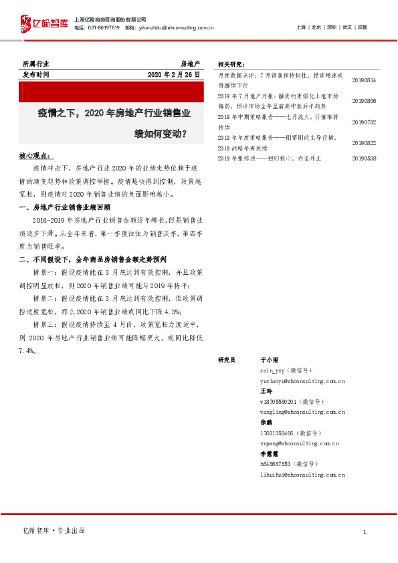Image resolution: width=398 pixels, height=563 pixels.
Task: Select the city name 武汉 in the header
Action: [346, 27]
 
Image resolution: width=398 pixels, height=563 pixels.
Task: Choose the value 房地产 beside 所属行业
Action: [190, 64]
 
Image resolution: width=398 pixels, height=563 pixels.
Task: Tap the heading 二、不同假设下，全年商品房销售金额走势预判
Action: [93, 259]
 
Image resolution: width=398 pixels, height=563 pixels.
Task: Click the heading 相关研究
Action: [231, 64]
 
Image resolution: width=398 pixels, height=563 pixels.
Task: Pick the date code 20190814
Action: [364, 80]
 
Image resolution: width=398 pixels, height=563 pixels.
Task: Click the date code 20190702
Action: [364, 122]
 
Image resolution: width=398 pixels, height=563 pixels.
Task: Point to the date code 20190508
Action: [364, 158]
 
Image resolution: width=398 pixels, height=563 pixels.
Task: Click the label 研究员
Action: [227, 360]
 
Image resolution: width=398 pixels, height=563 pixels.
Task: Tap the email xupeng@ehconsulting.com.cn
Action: [299, 443]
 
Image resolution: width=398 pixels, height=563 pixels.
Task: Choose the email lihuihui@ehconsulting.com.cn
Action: [302, 474]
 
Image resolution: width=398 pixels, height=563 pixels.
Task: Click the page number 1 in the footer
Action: [364, 531]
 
